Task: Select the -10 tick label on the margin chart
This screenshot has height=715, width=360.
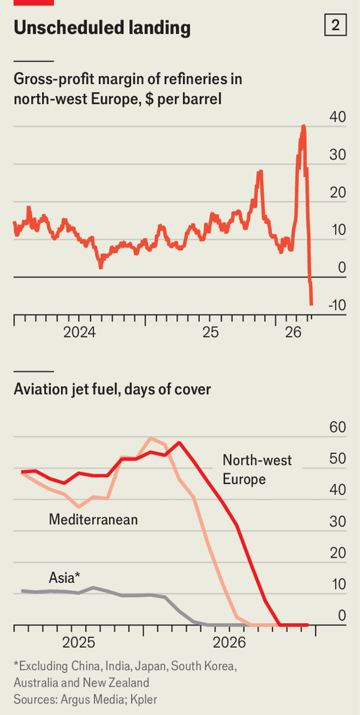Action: [336, 305]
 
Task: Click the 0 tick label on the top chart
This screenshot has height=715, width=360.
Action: [342, 268]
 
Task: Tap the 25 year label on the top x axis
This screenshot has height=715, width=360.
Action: [210, 332]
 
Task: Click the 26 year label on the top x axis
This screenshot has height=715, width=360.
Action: [293, 332]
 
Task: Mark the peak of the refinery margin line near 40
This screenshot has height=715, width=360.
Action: [304, 127]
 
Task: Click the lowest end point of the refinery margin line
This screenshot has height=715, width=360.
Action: [311, 304]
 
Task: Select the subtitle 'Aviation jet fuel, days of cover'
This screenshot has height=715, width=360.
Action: [112, 389]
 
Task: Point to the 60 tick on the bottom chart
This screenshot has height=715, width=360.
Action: [338, 428]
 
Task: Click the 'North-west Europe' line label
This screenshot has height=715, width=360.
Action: [257, 470]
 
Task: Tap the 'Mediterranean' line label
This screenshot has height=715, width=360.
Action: [93, 519]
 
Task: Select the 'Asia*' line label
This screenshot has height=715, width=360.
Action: [64, 578]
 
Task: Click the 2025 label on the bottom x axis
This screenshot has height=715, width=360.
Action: [79, 642]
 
